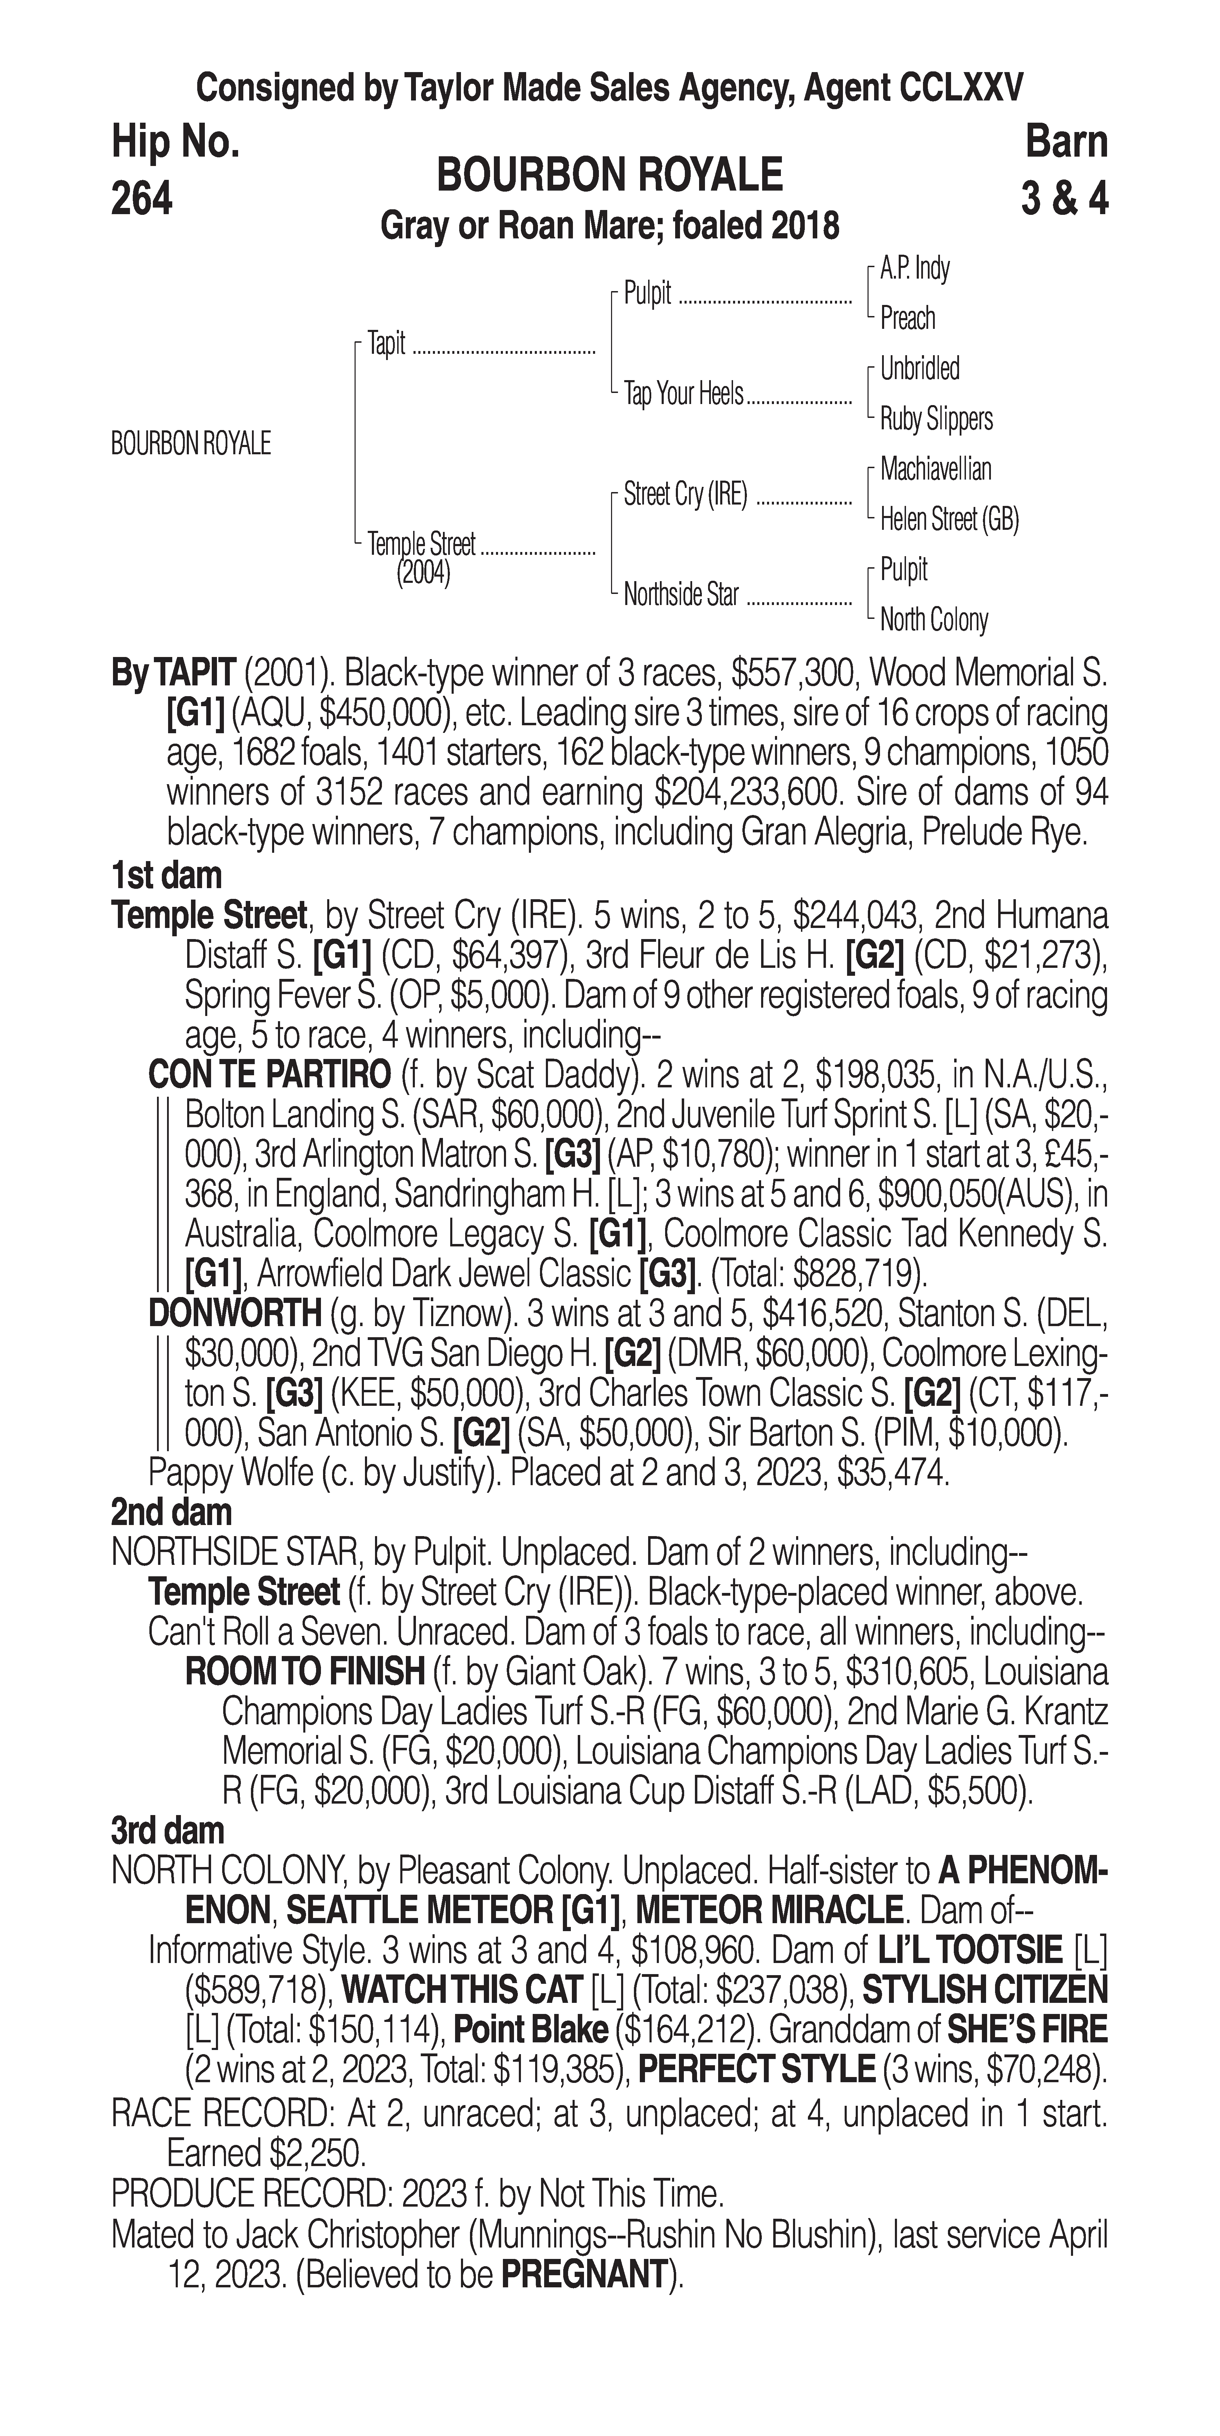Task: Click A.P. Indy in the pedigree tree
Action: point(915,269)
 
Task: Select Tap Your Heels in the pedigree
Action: point(683,393)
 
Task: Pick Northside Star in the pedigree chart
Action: point(680,595)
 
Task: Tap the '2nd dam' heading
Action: point(171,1512)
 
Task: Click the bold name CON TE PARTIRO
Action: point(270,1075)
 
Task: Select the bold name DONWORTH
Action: point(235,1314)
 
